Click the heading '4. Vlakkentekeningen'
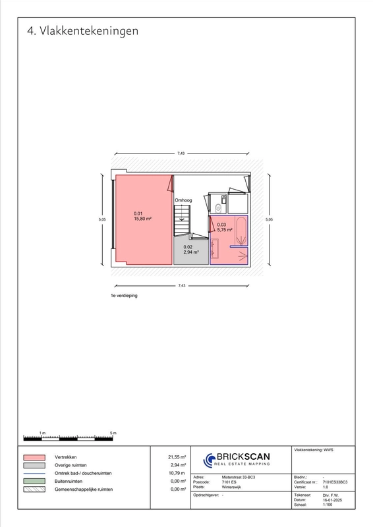pos(82,31)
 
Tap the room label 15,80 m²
pos(142,219)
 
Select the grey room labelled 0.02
pos(191,252)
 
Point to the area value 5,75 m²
pos(225,230)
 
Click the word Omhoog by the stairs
pos(183,200)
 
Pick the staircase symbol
pos(182,221)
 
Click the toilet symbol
pos(218,208)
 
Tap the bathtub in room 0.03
pos(241,231)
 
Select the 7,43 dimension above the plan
pos(181,153)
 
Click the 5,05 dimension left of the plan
pos(102,219)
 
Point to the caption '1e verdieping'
pos(124,296)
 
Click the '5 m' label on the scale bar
pos(113,433)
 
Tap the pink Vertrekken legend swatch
pos(34,457)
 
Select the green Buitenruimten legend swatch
pos(34,482)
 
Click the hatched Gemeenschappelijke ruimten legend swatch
pos(34,489)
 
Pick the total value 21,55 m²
pos(177,457)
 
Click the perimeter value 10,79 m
pos(177,473)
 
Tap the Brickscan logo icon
pos(209,460)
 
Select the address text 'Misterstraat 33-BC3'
pos(239,477)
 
